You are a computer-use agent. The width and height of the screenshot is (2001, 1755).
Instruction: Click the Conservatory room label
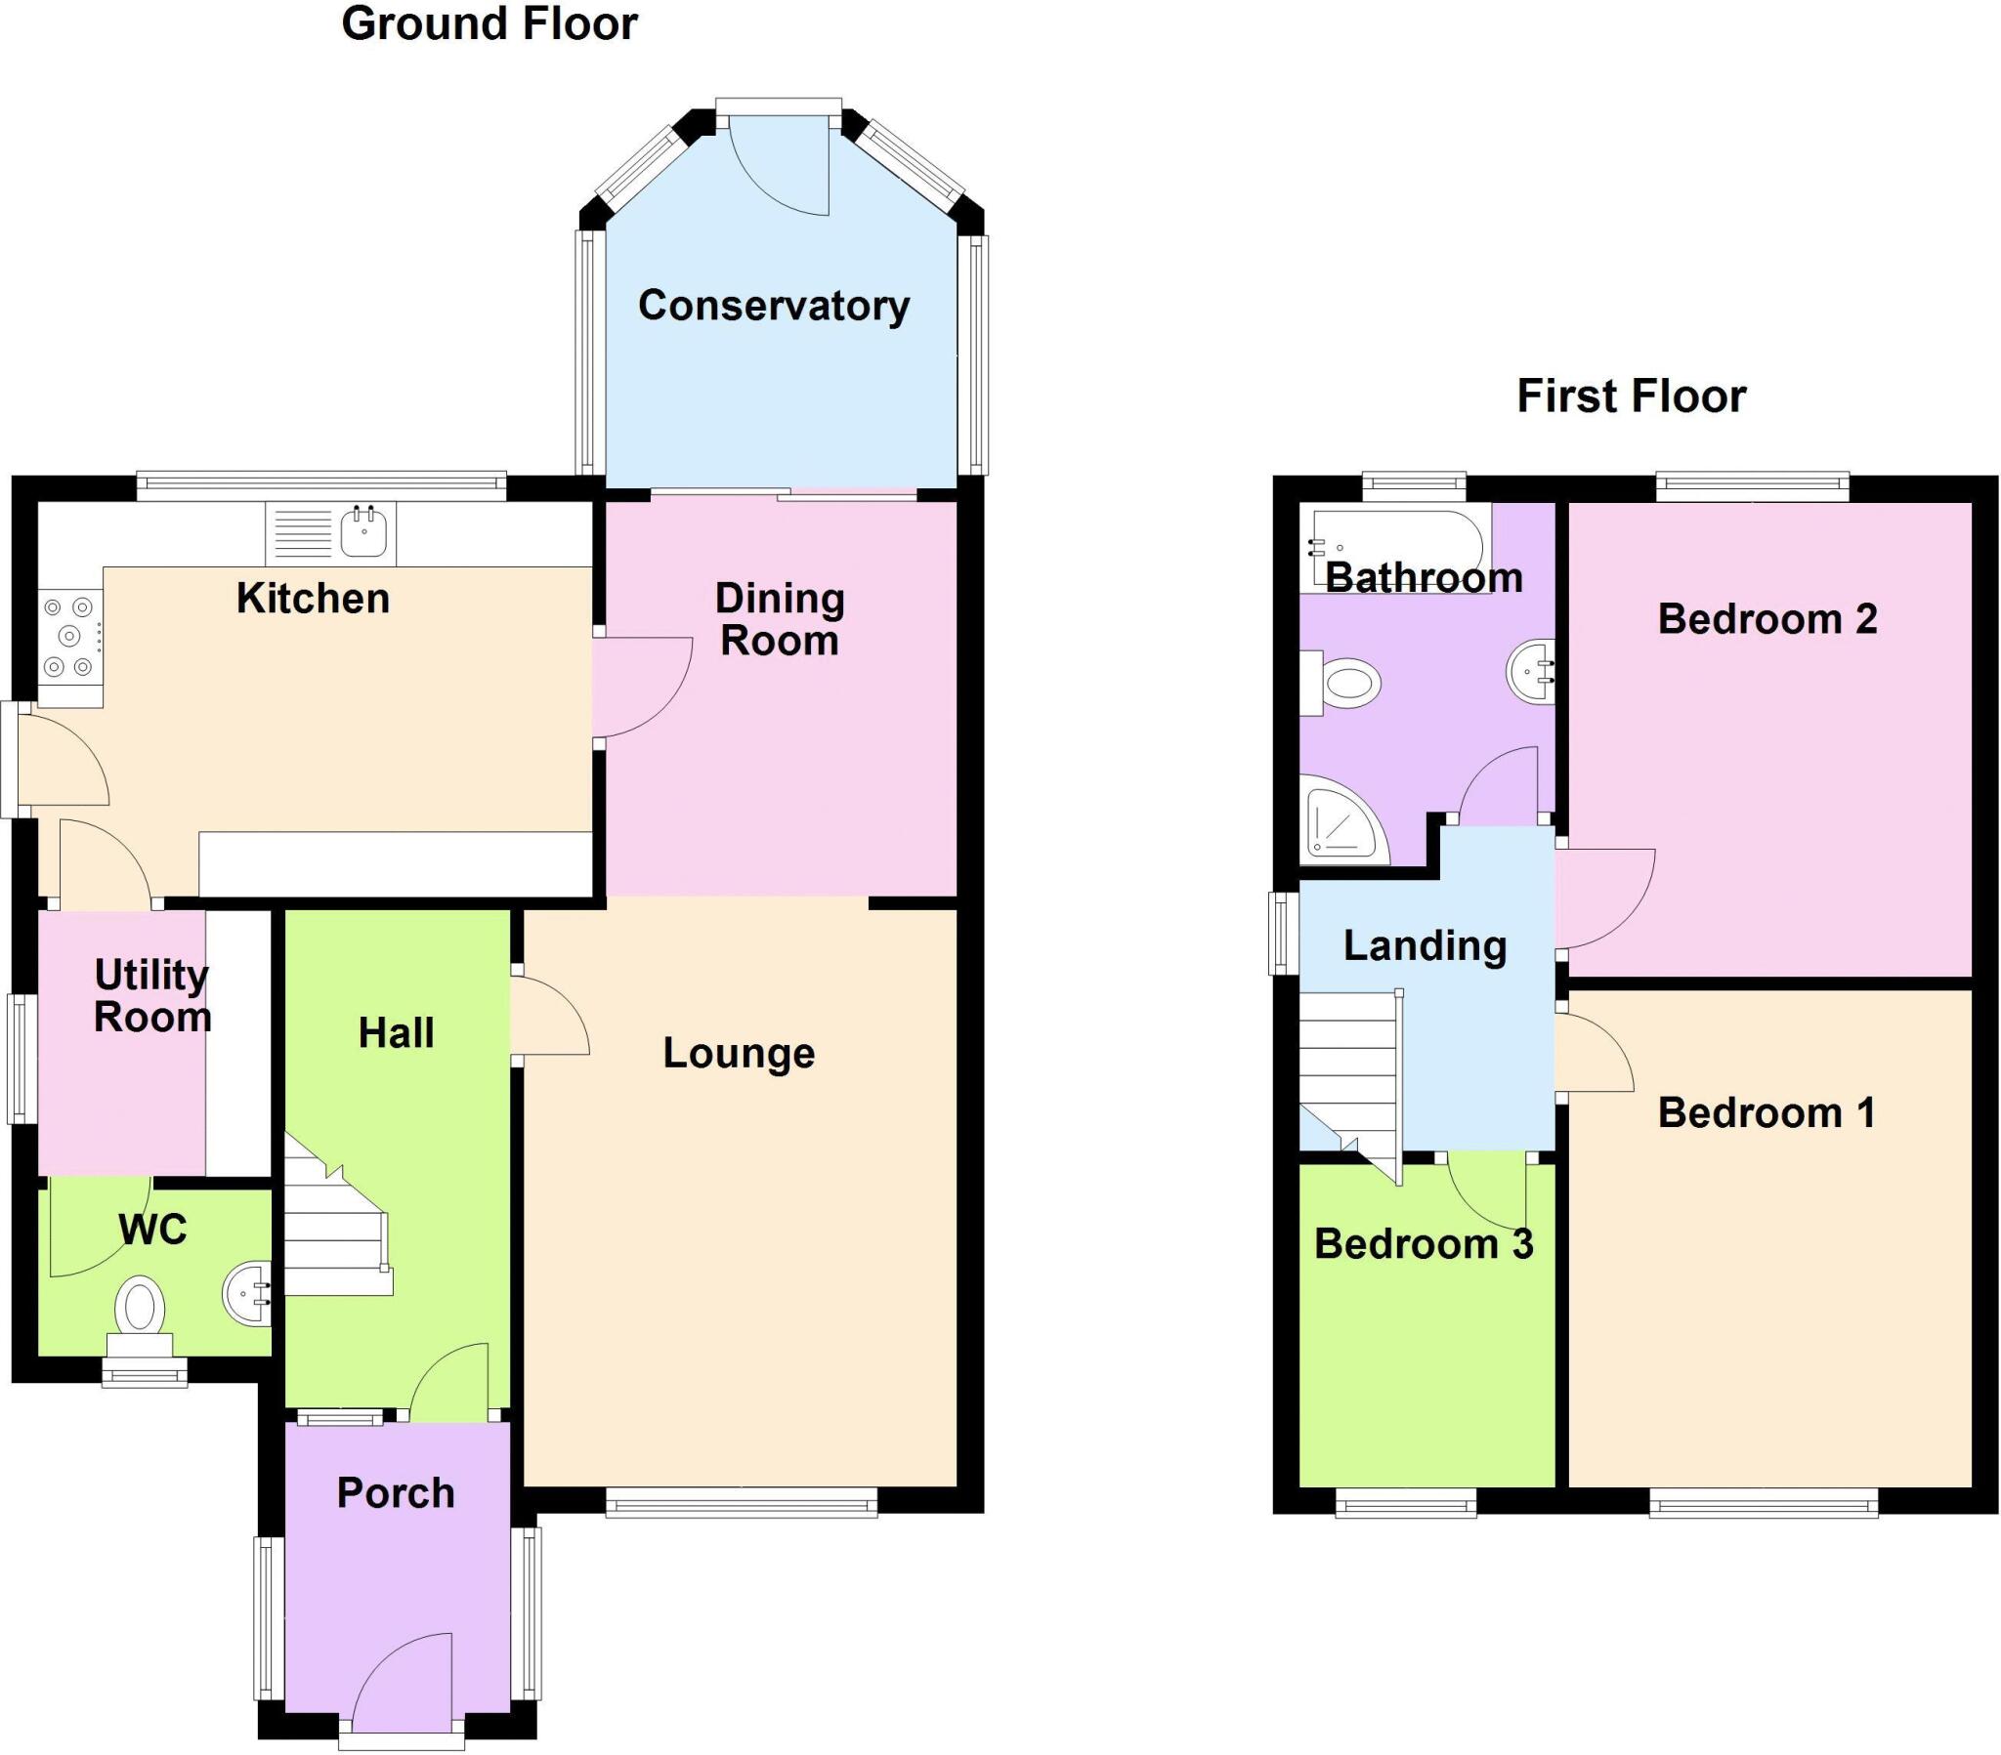coord(774,306)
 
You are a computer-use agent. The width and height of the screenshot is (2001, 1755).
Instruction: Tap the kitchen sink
coord(364,532)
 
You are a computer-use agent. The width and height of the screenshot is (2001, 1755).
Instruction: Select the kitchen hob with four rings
coord(69,636)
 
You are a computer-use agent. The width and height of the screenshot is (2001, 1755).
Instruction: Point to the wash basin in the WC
coord(247,1293)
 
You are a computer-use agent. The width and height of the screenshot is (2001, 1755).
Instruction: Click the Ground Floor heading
coord(490,23)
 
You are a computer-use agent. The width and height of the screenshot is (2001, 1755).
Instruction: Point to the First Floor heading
coord(1631,397)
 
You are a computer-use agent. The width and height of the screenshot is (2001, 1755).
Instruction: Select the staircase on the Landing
coord(1349,1076)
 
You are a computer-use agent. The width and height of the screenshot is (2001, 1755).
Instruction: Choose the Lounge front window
coord(741,1503)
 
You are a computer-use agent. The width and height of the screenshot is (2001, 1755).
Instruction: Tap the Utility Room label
coord(151,995)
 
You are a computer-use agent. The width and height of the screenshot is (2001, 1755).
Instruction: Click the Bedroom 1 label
coord(1767,1113)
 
